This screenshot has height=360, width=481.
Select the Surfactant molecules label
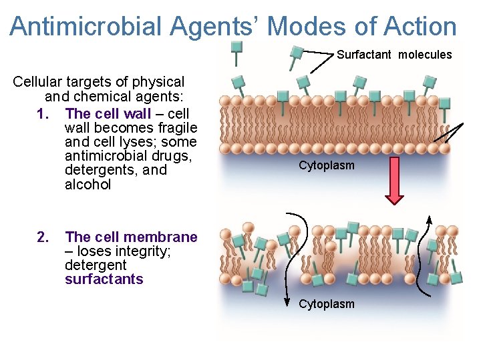point(394,55)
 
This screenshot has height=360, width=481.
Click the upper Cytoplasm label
point(327,165)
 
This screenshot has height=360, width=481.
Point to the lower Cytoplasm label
point(327,304)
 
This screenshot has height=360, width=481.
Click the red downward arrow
point(395,180)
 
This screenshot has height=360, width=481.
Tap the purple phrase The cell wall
point(109,113)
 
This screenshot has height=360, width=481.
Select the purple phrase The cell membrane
point(131,237)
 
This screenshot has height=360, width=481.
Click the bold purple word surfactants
point(104,279)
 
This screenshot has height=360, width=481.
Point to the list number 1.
point(43,113)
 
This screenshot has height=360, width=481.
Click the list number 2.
point(43,237)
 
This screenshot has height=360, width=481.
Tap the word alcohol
point(88,185)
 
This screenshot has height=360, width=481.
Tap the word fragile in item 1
point(176,127)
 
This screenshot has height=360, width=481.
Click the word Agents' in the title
point(210,27)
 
